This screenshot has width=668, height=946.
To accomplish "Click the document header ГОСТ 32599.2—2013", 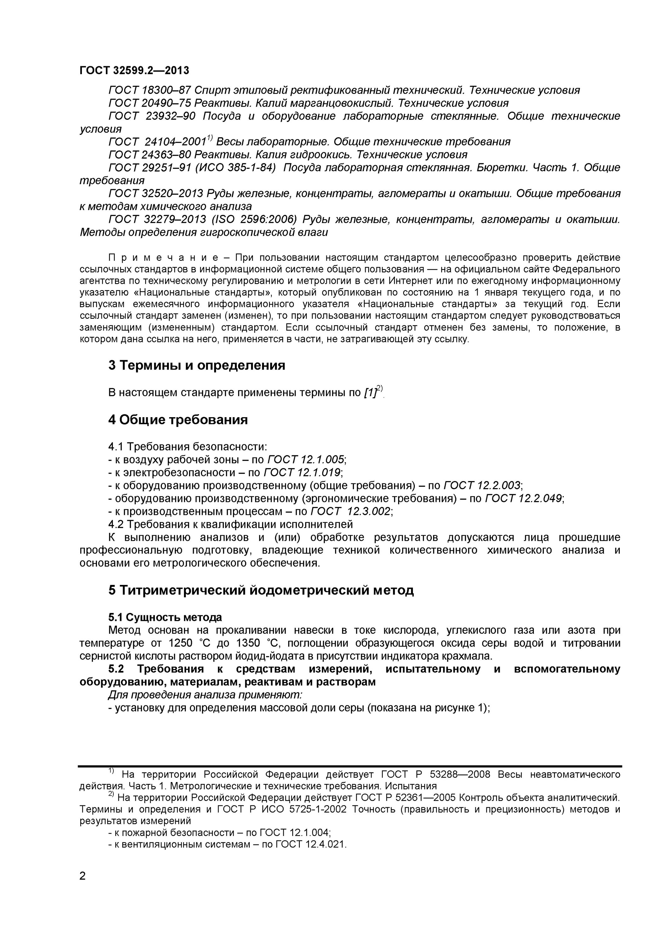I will pos(134,70).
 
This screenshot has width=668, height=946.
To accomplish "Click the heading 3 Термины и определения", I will pos(197,365).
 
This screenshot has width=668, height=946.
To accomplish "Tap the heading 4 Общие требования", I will pos(178,420).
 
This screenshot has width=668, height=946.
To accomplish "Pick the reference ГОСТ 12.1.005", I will pos(306,460).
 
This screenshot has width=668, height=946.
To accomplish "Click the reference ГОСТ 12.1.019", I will pos(302,473).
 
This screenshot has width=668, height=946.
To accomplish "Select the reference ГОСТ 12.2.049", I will pos(523,499).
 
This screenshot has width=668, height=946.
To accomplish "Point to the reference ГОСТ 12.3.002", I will pos(350,512).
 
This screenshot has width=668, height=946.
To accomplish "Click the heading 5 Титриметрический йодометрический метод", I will pos(261,590).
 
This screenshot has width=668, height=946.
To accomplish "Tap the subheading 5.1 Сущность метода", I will pos(165,617).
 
